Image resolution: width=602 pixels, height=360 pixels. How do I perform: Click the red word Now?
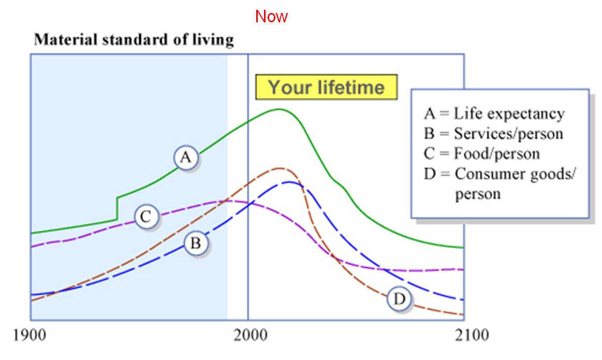click(271, 17)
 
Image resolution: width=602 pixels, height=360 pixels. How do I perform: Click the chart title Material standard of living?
click(134, 40)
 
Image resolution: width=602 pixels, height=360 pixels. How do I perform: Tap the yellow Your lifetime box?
click(326, 87)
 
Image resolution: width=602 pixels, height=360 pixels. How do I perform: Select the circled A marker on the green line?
click(186, 158)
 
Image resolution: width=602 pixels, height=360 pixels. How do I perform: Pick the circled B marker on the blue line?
click(196, 243)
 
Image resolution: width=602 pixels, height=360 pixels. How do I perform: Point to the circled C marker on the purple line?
click(146, 217)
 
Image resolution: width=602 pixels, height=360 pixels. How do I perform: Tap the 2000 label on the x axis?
click(248, 336)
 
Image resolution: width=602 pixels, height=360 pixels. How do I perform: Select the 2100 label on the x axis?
click(464, 336)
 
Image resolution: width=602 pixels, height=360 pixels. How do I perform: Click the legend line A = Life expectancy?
click(494, 114)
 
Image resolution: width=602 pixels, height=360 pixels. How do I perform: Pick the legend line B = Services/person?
click(493, 134)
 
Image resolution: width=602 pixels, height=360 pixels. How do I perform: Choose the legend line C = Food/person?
click(481, 154)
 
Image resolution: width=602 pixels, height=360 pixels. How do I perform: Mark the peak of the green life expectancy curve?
click(279, 109)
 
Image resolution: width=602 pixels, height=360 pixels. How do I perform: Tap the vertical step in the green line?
click(118, 208)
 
